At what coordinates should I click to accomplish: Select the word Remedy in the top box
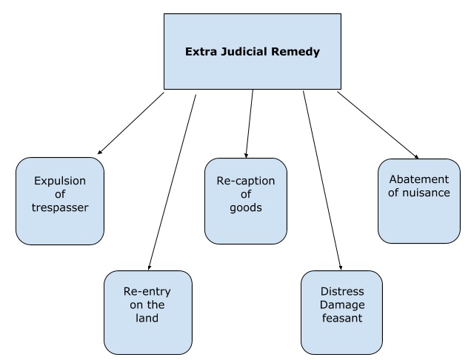[x=298, y=53]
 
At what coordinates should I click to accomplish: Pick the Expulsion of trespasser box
[x=60, y=201]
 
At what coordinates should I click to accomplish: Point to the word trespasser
[x=60, y=207]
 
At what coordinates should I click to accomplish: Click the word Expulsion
[x=60, y=181]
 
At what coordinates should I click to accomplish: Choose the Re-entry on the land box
[x=147, y=311]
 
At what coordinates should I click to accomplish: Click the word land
[x=147, y=319]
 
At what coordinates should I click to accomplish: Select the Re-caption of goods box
[x=245, y=201]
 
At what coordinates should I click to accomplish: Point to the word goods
[x=245, y=208]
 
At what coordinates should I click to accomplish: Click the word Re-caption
[x=245, y=181]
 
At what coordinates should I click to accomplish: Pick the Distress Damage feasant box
[x=341, y=311]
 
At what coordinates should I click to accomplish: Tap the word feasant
[x=341, y=319]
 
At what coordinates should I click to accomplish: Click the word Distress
[x=341, y=292]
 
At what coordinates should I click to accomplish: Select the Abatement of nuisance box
[x=420, y=201]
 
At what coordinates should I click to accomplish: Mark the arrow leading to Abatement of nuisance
[x=378, y=125]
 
